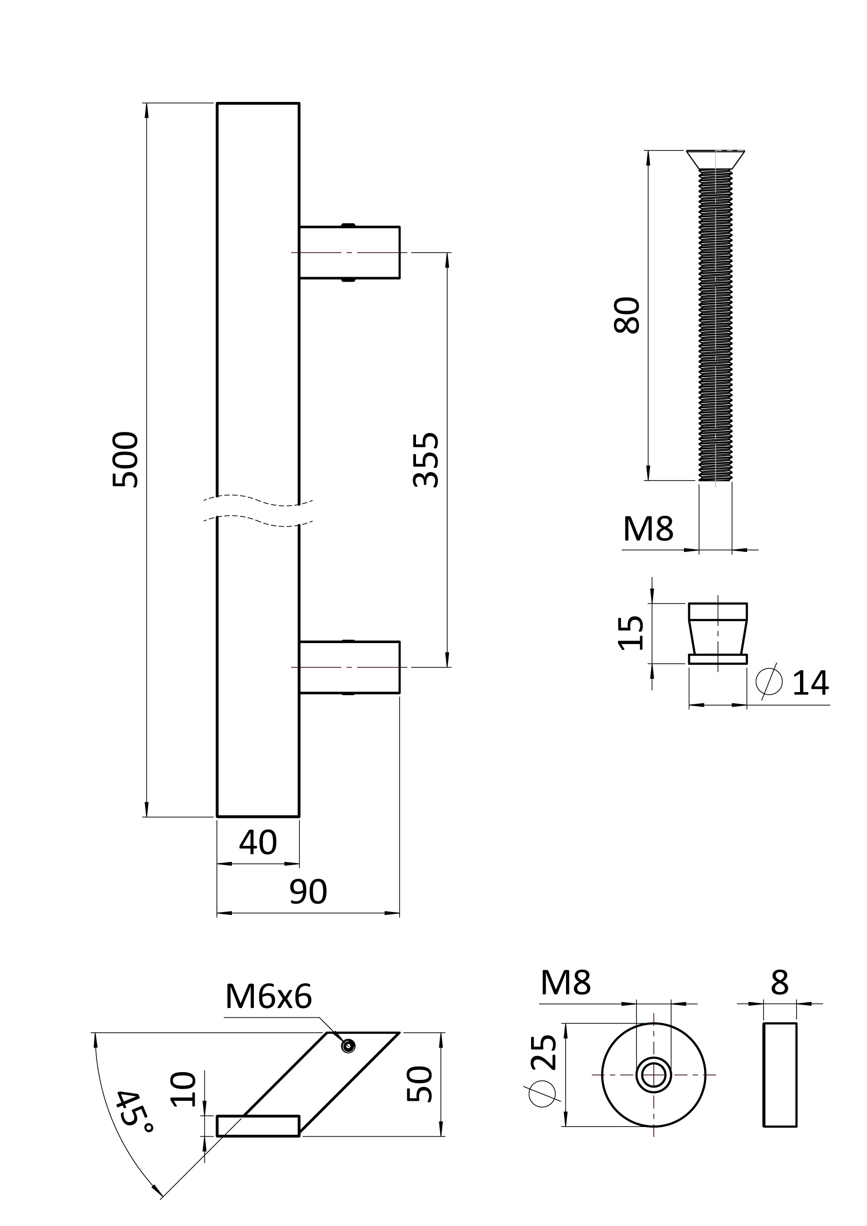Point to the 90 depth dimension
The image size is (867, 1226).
308,892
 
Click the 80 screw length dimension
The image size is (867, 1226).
627,315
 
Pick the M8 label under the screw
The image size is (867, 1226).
648,529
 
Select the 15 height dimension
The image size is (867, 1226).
631,633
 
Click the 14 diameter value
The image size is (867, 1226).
810,683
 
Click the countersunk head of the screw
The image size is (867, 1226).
715,160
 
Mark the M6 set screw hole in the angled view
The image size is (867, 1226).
348,1046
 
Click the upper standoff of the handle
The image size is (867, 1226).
350,252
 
